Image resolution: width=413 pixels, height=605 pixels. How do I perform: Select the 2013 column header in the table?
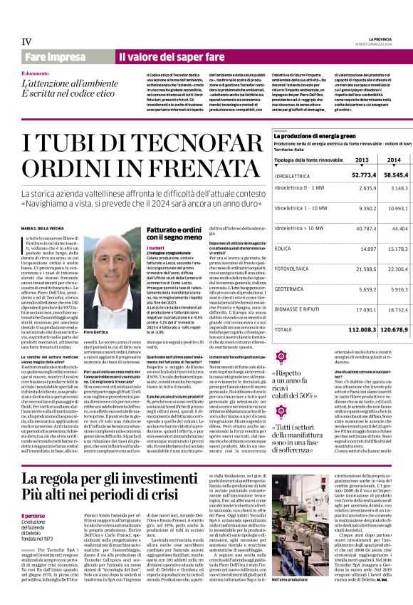[362, 160]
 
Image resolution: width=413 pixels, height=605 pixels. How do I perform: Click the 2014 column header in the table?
[394, 160]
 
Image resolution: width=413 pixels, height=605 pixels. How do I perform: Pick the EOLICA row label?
[283, 249]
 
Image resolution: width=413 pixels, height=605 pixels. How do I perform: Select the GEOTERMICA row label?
[290, 290]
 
